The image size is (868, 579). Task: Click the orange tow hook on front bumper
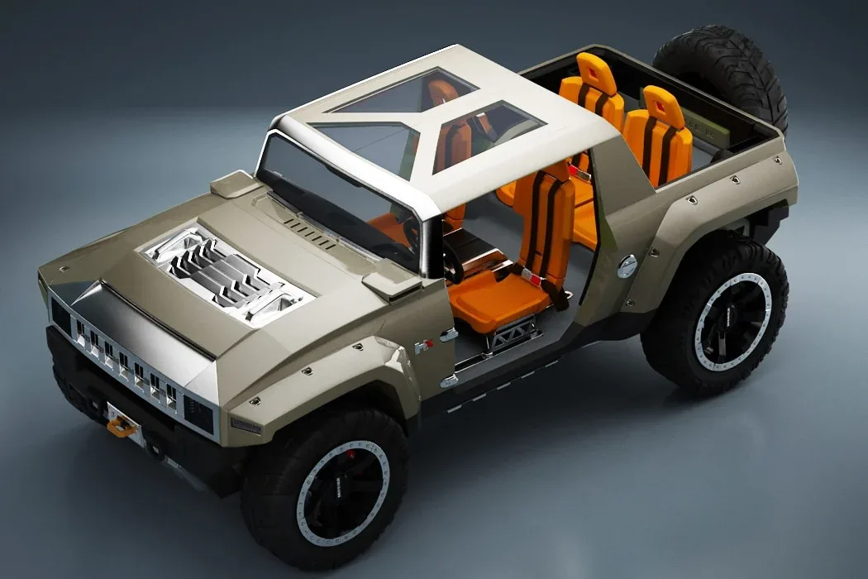122,427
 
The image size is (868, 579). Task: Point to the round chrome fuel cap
627,266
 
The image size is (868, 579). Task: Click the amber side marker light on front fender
245,425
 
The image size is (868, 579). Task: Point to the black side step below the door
513,376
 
